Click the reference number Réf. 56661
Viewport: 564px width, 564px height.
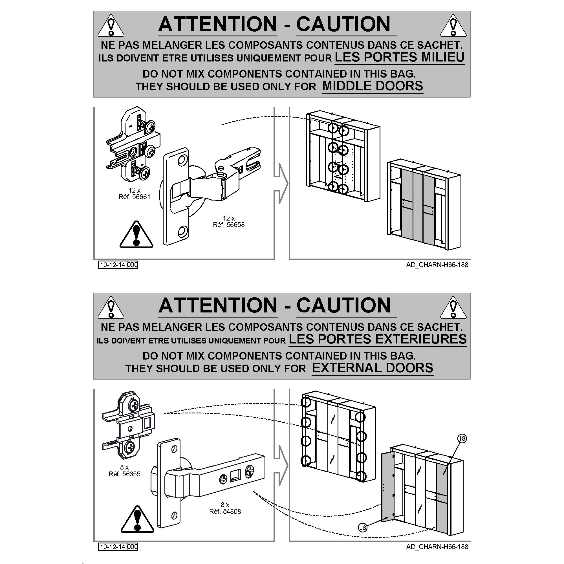(x=134, y=197)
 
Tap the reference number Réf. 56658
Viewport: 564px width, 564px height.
(x=229, y=224)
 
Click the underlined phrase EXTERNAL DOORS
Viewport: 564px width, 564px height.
(x=373, y=368)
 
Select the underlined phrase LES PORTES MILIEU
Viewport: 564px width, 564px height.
(x=399, y=57)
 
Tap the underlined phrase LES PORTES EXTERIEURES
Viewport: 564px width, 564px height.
(x=378, y=339)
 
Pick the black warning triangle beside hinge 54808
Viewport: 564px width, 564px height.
(x=137, y=519)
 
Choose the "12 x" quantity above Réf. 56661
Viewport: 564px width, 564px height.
(x=134, y=190)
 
